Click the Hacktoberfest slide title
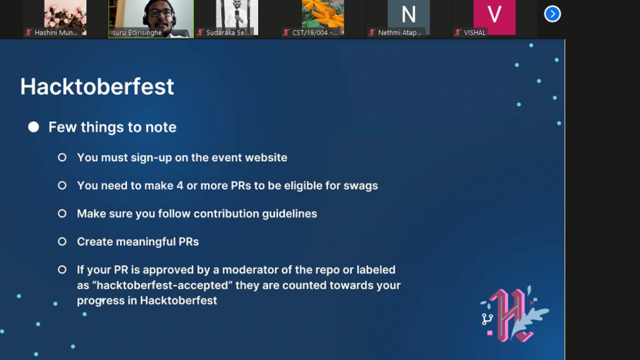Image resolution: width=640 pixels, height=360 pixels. [x=97, y=86]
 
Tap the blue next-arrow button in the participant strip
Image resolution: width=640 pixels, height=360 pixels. [x=552, y=14]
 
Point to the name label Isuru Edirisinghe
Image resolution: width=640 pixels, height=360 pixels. [x=136, y=32]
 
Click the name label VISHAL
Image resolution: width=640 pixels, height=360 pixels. [x=475, y=32]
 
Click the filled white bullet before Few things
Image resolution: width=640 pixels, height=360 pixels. [x=34, y=127]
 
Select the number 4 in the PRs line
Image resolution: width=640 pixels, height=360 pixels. [x=180, y=186]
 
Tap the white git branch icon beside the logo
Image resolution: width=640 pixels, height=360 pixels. [x=487, y=319]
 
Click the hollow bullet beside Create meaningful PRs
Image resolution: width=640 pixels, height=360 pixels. [x=62, y=242]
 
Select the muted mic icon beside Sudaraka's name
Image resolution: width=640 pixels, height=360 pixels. [x=200, y=32]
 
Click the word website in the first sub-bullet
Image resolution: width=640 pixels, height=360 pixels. [x=266, y=157]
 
